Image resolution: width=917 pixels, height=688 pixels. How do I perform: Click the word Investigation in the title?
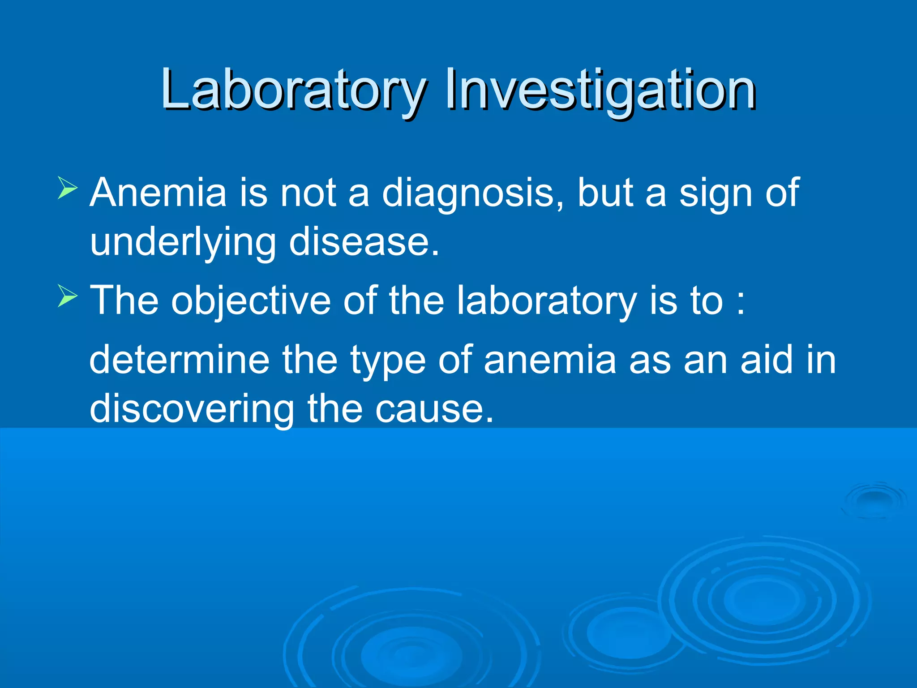coord(600,90)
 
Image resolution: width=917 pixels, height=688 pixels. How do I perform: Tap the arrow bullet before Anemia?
coord(68,188)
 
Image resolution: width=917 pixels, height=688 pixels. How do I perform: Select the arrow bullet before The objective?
coord(68,296)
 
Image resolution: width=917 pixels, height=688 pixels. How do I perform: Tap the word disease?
coord(364,242)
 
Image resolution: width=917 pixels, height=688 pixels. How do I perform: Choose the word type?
coord(388,361)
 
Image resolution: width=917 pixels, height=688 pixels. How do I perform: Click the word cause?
coord(433,409)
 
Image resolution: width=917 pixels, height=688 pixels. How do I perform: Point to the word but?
coord(604,193)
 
